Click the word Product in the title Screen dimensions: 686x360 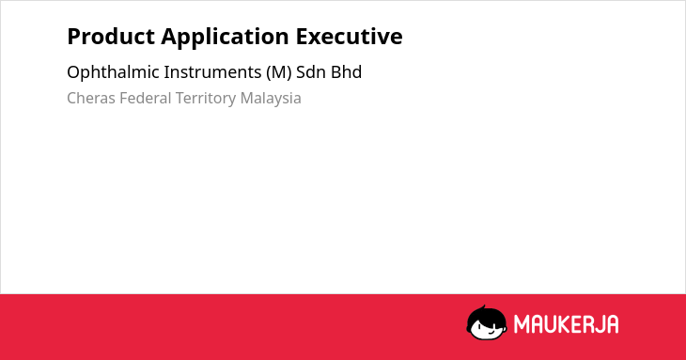(111, 37)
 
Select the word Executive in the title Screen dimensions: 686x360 (350, 37)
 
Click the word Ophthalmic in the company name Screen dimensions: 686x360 (113, 72)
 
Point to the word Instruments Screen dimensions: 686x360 (212, 72)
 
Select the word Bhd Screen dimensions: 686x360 (346, 72)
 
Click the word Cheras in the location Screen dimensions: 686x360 (91, 99)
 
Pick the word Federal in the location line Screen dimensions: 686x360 (146, 99)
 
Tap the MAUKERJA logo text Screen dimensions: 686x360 (566, 324)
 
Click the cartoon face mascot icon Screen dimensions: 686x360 (487, 322)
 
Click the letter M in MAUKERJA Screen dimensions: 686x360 (521, 324)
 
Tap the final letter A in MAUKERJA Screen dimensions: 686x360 (613, 324)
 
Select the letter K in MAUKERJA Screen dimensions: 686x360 (565, 324)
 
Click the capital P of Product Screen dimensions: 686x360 (73, 37)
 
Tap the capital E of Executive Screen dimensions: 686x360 (303, 37)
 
